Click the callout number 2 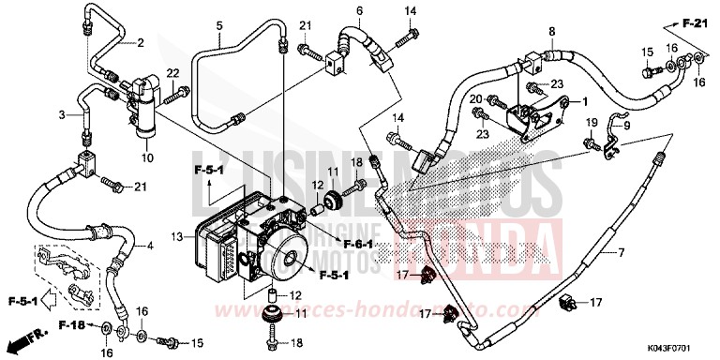140,43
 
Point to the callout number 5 218,24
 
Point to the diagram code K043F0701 680,349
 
